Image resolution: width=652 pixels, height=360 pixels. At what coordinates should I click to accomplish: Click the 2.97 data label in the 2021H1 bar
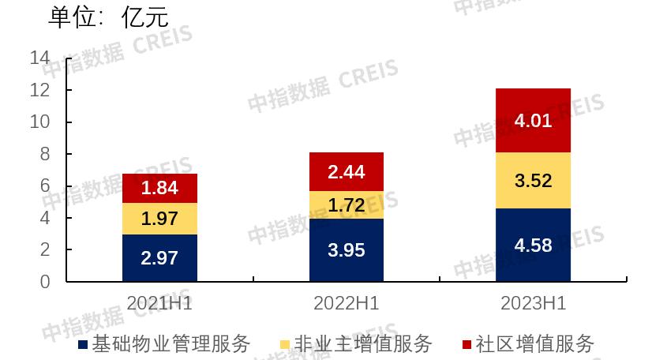click(x=159, y=257)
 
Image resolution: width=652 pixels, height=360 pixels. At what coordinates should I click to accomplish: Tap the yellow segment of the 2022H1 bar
click(x=346, y=205)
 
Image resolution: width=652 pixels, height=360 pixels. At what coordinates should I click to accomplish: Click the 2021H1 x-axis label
click(x=159, y=303)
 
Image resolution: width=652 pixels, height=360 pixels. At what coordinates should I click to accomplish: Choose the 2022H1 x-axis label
click(x=346, y=303)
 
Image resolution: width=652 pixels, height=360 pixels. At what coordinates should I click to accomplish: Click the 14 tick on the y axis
click(x=39, y=58)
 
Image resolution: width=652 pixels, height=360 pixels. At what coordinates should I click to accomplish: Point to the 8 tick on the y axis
click(x=45, y=154)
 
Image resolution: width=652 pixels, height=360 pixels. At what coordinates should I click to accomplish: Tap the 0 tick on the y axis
click(x=45, y=282)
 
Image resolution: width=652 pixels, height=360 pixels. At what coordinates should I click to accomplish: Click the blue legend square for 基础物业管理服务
click(x=83, y=345)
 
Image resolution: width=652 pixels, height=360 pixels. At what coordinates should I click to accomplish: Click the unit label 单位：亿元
click(x=109, y=17)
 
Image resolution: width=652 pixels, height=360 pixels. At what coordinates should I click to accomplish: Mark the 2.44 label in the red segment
click(x=346, y=173)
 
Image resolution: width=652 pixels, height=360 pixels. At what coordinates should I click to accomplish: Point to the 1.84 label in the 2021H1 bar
click(x=159, y=188)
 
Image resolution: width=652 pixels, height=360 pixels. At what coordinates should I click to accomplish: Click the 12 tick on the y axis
click(x=39, y=90)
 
